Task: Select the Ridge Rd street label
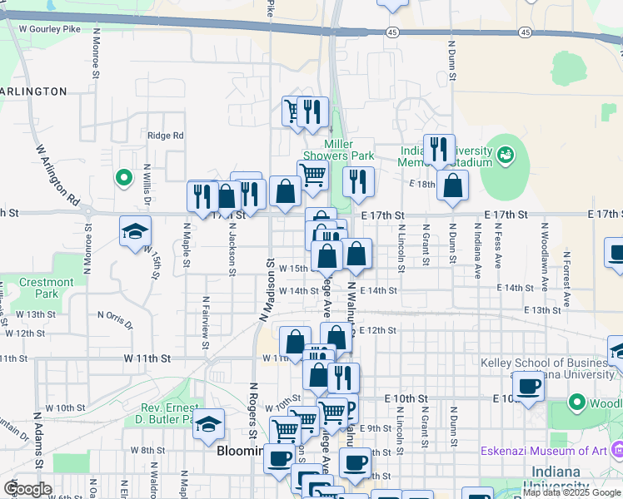[165, 136]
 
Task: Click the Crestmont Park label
[46, 288]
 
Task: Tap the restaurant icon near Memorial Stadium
[439, 151]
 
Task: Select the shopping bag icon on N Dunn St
[452, 185]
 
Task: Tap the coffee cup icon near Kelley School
[528, 385]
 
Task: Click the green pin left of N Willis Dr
[123, 177]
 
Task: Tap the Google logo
[27, 489]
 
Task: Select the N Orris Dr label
[115, 319]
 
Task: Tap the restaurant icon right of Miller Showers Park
[358, 182]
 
